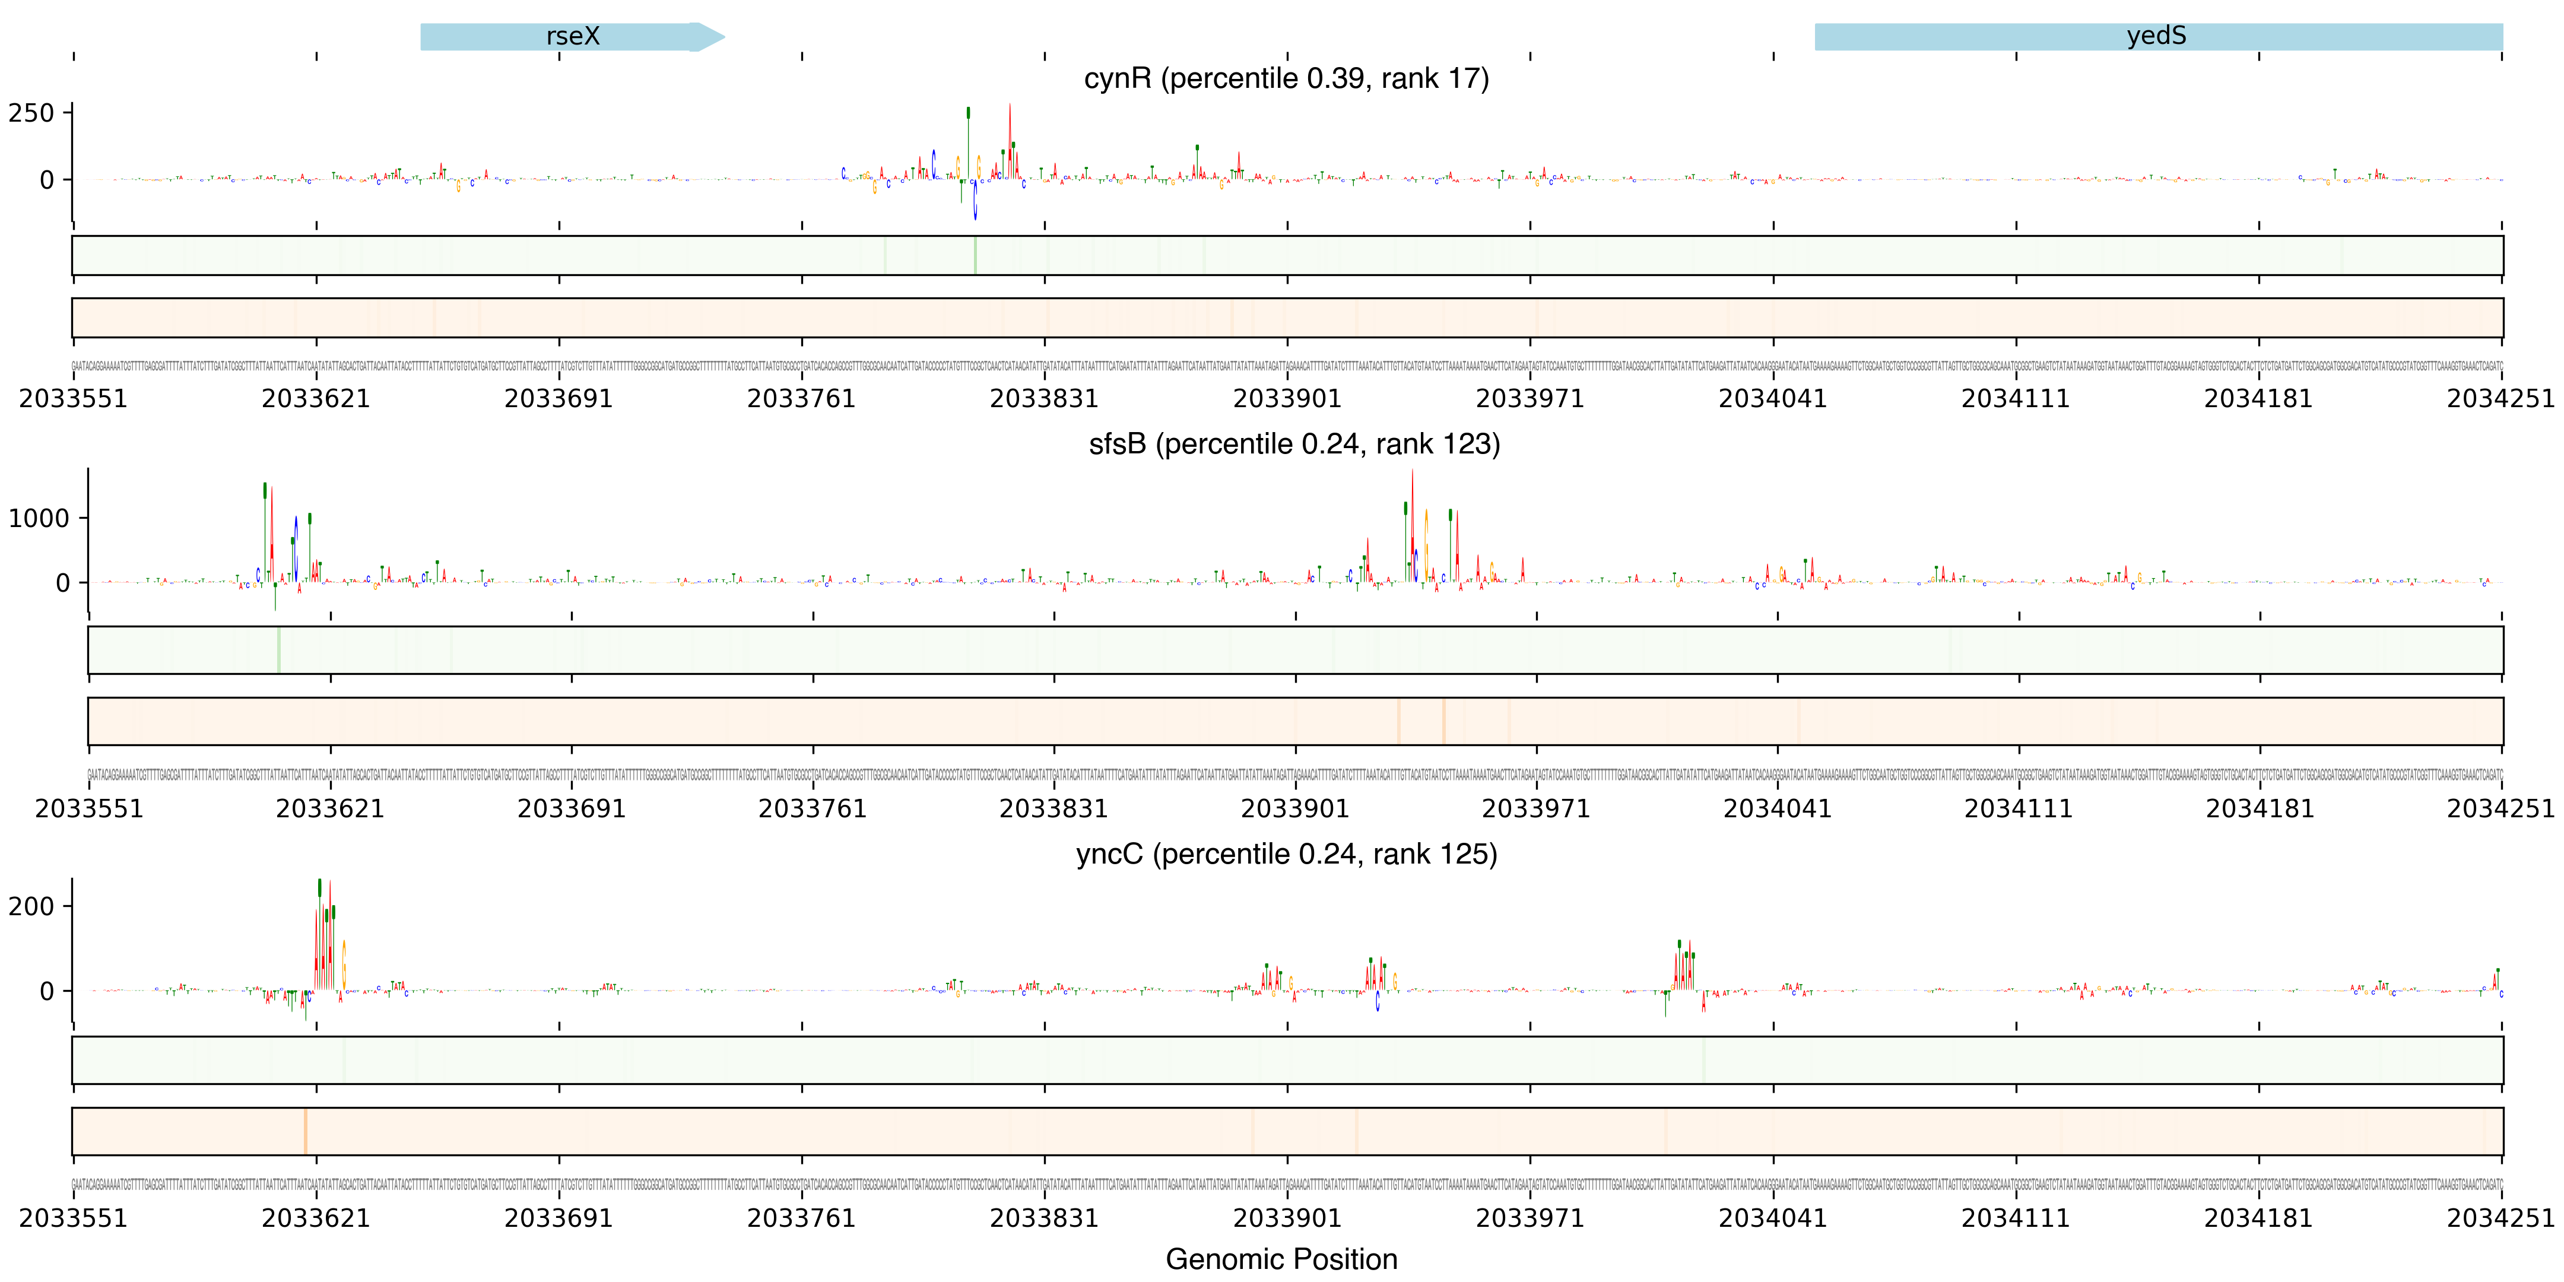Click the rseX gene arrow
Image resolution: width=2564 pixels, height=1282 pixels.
[x=572, y=37]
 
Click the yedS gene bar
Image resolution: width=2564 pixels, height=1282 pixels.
[x=2157, y=37]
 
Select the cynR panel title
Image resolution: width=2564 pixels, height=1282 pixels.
[x=1286, y=78]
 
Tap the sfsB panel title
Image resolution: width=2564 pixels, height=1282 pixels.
[x=1294, y=444]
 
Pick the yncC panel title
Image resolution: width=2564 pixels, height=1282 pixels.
[x=1286, y=854]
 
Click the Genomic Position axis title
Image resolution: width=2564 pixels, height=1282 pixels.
[x=1281, y=1259]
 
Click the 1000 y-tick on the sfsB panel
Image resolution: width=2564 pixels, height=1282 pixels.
[x=39, y=519]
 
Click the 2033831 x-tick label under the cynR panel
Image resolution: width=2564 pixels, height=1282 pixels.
[x=1044, y=399]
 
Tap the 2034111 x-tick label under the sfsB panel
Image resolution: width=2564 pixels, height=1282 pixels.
[x=2019, y=808]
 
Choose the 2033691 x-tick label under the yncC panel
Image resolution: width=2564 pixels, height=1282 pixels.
[x=559, y=1218]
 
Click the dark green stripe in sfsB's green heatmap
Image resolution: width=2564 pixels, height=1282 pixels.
[x=279, y=650]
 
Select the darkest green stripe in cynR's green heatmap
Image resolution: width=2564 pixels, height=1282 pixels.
[x=975, y=256]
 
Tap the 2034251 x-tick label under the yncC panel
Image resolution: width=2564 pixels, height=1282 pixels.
[x=2500, y=1218]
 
